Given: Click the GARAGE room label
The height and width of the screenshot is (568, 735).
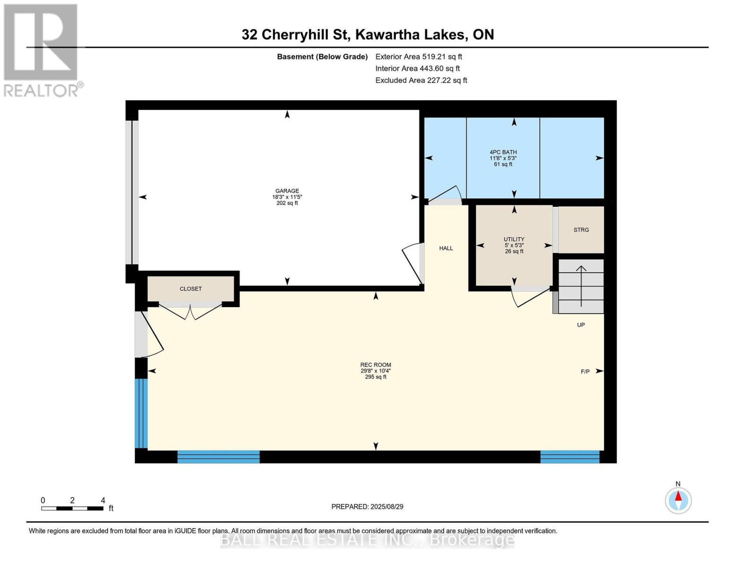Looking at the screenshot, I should (287, 191).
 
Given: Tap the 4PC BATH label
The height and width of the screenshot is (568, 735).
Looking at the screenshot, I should (503, 152).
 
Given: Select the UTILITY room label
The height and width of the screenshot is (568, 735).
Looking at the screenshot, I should (514, 240).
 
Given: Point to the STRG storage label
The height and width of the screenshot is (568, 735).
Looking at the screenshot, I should (581, 230).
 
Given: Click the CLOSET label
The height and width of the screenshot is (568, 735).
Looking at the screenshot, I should (191, 289).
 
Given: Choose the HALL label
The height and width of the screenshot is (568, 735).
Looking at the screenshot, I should (446, 248).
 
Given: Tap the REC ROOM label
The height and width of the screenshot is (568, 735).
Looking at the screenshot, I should (376, 365).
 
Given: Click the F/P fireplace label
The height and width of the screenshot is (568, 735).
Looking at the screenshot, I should (585, 372).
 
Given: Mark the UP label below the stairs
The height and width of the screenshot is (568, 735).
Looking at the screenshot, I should (581, 325).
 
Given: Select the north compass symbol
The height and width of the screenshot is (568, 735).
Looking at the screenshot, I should (678, 500).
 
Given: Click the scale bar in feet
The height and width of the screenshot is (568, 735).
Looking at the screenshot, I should (72, 508).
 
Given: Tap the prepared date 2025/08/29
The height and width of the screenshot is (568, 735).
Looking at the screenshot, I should (367, 506).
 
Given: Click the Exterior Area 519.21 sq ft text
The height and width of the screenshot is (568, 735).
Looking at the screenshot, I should (419, 56).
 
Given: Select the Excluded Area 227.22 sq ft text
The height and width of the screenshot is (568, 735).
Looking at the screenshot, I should (421, 80).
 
